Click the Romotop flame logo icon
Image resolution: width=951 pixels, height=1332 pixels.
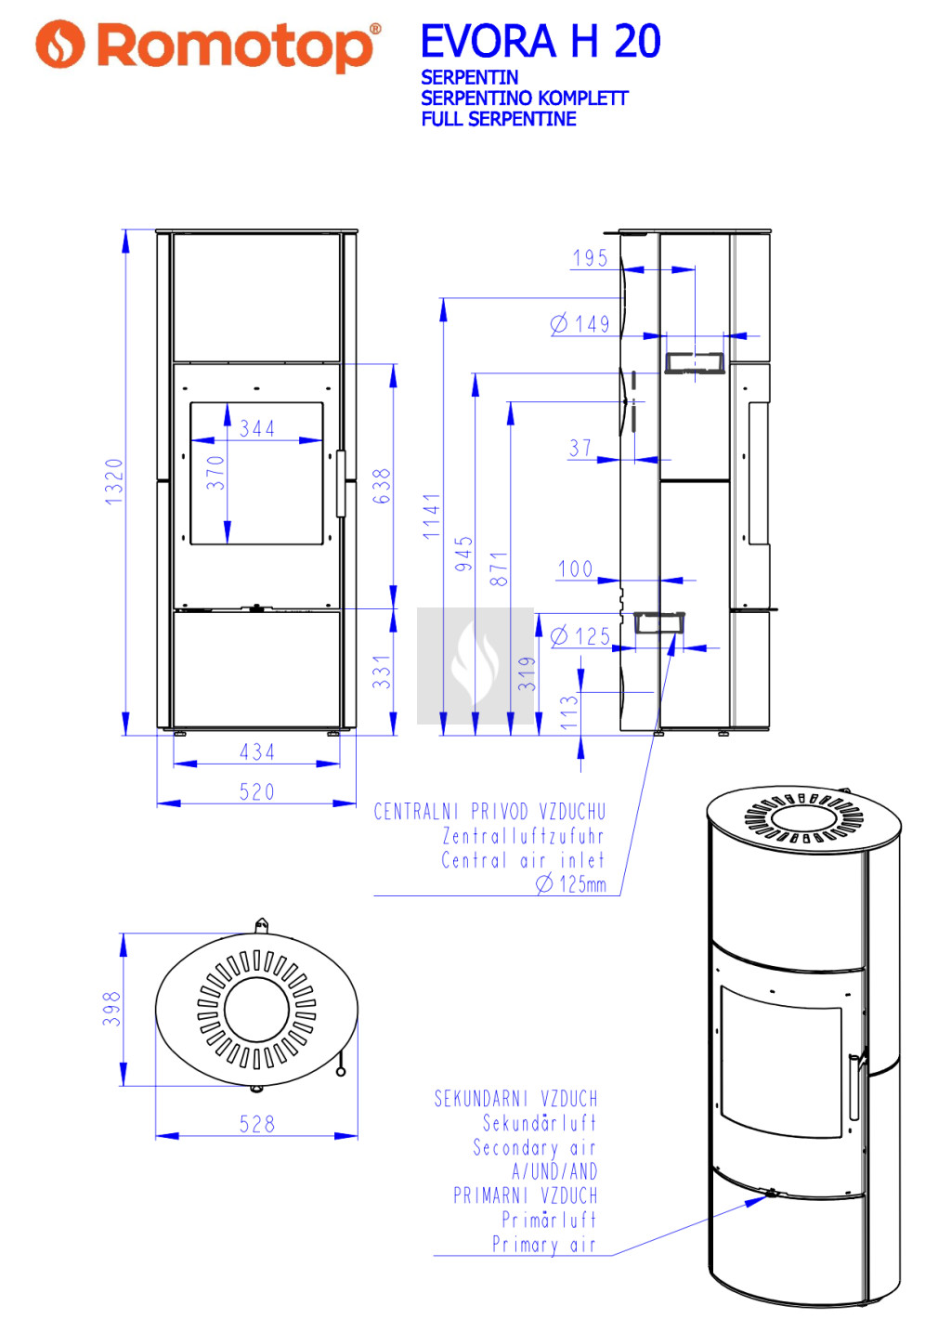[x=60, y=44]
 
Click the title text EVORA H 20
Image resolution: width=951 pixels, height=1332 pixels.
[x=541, y=41]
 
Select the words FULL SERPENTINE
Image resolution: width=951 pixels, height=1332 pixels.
[x=499, y=119]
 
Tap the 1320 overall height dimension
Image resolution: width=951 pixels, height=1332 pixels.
[x=113, y=482]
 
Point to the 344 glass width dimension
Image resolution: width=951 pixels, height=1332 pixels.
[x=256, y=428]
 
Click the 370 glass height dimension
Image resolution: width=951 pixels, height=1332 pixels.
[x=215, y=473]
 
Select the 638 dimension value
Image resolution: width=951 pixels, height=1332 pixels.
[x=381, y=486]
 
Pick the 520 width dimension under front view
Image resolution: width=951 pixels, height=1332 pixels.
[x=256, y=791]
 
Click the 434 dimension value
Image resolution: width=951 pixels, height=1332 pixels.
[x=256, y=752]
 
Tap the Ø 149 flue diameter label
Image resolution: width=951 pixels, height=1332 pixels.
[x=580, y=324]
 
